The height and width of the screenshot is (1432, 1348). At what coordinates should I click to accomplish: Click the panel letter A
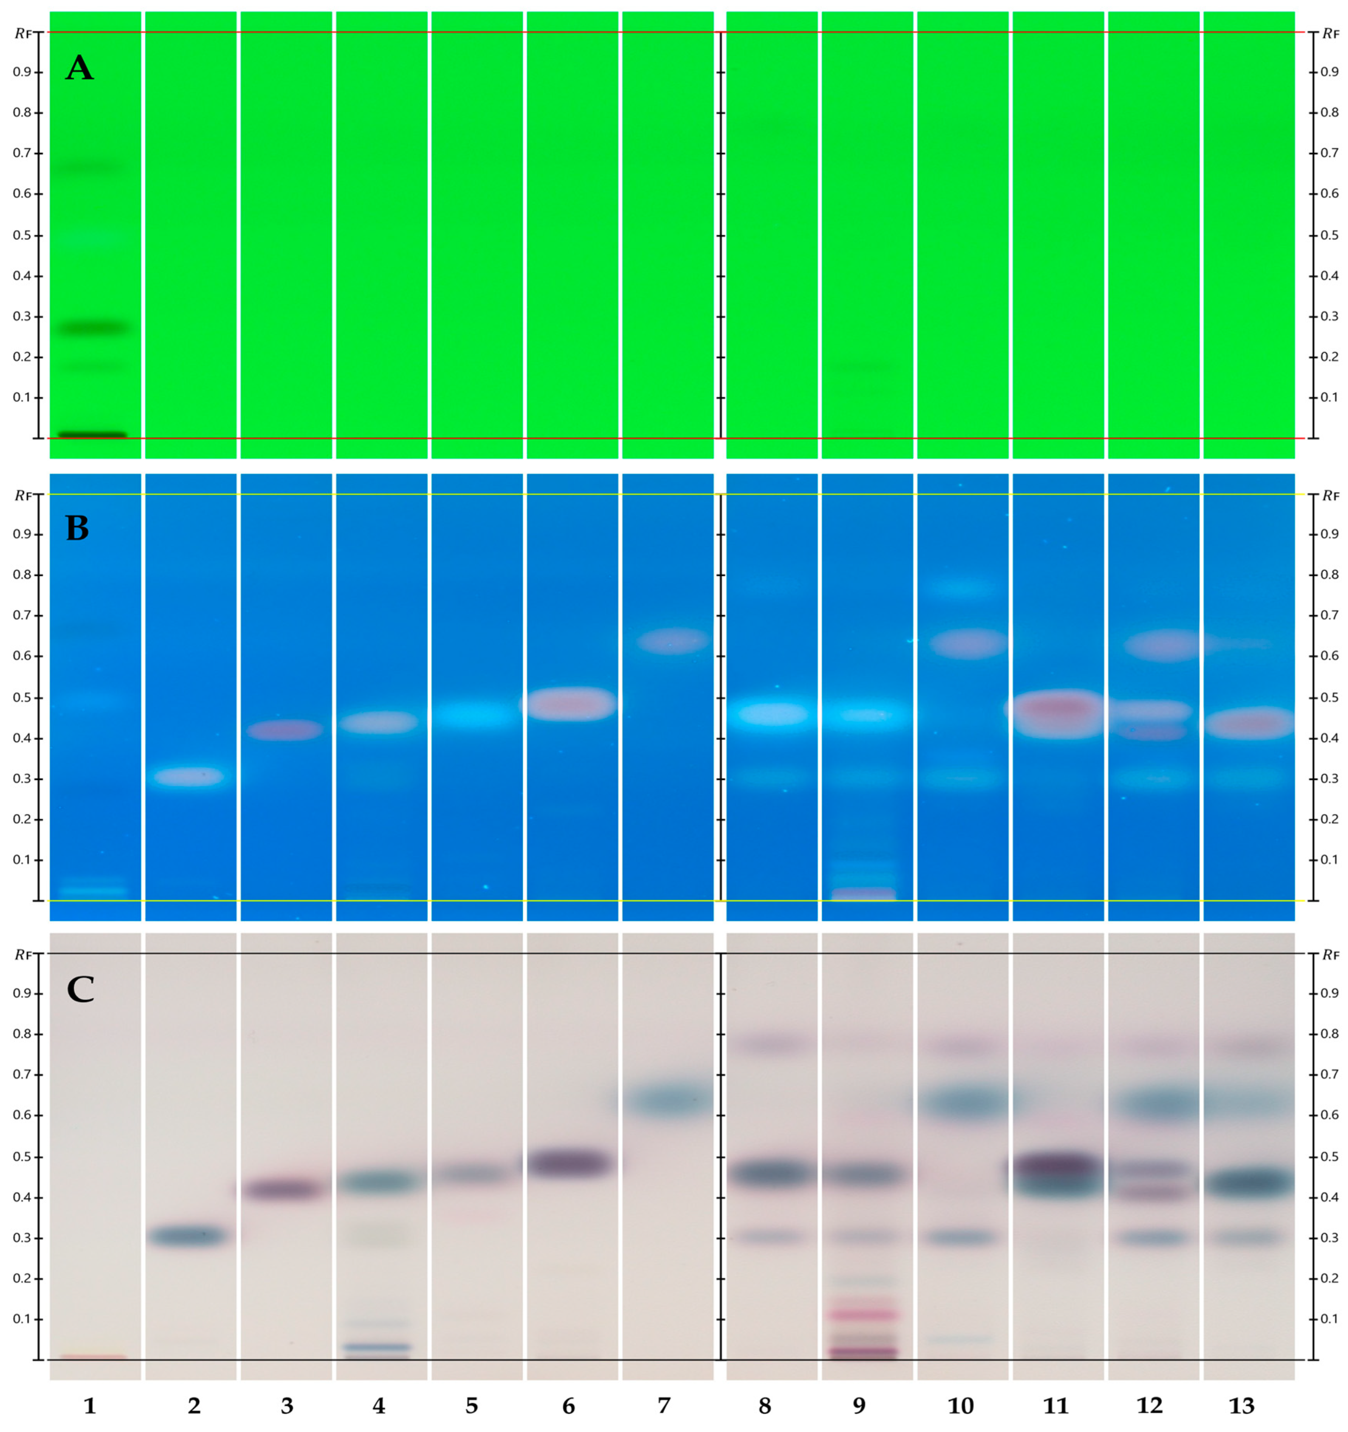coord(79,69)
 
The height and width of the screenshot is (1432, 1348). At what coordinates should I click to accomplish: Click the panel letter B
coord(78,529)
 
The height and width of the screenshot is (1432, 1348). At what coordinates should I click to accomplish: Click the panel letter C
coord(80,990)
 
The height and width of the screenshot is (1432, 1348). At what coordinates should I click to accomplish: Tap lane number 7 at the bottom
coord(664,1405)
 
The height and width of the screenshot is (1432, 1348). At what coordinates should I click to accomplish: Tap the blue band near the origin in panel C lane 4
coord(380,1346)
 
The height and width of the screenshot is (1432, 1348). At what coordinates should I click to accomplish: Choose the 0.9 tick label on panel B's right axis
coord(1329,534)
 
